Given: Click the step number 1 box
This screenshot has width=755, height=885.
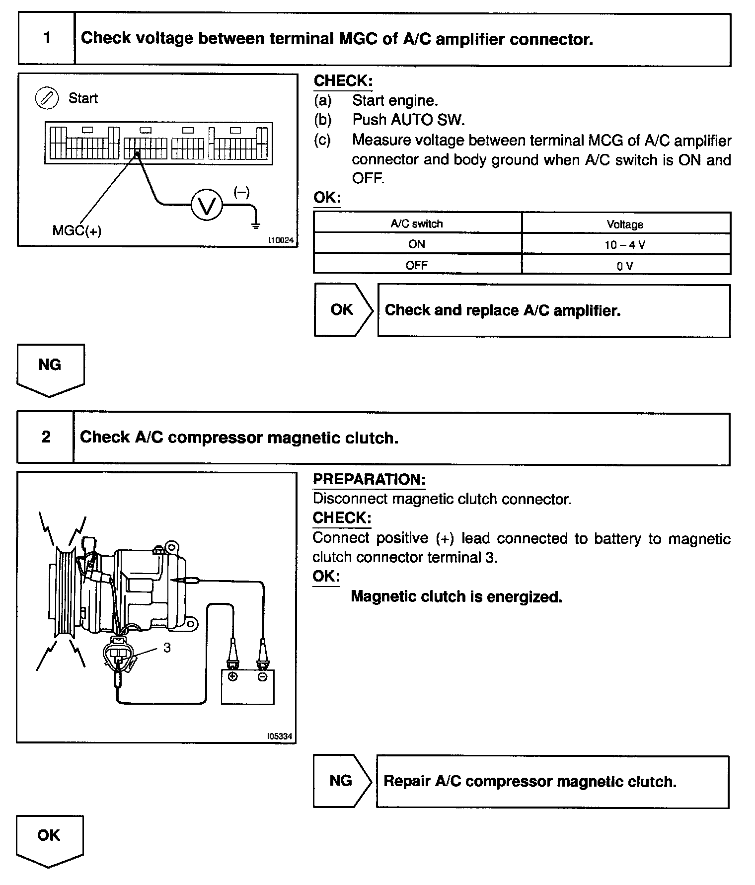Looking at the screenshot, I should tap(47, 38).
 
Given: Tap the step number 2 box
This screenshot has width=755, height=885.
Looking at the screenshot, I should tap(46, 437).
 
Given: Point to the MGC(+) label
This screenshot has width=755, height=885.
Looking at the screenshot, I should tap(77, 230).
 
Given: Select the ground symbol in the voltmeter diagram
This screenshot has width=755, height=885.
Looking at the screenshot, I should tap(256, 226).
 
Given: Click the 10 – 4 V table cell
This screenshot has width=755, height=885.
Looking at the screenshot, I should tap(625, 244).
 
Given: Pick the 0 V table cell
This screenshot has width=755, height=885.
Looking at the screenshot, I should tap(625, 266).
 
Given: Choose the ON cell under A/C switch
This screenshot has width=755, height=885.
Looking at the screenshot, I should tap(417, 244).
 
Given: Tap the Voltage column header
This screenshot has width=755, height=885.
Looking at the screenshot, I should tap(625, 224).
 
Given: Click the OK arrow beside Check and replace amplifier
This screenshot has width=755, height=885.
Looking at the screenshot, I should tap(342, 310).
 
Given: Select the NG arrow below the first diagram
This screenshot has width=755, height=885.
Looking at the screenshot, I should tap(50, 368).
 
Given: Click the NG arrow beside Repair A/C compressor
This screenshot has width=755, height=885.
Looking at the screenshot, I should tap(341, 781).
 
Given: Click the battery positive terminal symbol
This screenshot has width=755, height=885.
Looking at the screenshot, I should tap(232, 676).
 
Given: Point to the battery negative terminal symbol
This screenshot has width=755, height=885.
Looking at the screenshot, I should tap(262, 676).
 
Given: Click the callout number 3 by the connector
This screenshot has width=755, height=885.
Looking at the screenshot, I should tap(167, 648).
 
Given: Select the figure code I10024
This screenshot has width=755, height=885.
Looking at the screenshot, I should tap(281, 240).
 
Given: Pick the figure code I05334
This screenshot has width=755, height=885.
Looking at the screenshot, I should tap(280, 736).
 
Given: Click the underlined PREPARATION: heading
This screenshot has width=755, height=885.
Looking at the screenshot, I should tap(369, 479).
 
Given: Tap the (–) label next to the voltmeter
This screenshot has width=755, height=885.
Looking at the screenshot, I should tap(241, 192).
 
